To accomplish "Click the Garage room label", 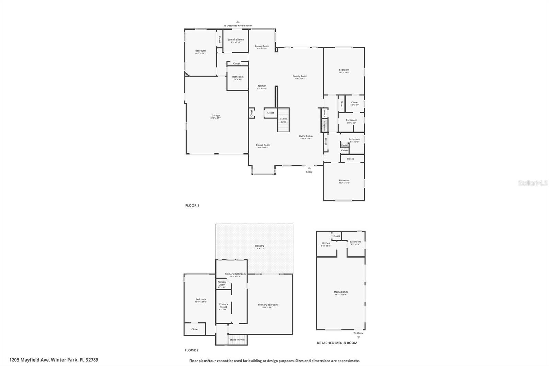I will [x=215, y=116].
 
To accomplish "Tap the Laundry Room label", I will [x=236, y=39].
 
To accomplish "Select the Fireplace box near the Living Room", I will [x=323, y=125].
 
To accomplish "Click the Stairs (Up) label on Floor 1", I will [x=283, y=120].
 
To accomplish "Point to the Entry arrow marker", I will [x=309, y=168].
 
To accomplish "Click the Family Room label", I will [x=300, y=76].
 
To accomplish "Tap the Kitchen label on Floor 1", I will [x=262, y=86].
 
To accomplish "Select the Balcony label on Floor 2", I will [x=259, y=246].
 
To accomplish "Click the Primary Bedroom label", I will [x=268, y=305].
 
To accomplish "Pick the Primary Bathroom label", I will [x=235, y=274].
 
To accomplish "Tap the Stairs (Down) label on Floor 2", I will [x=237, y=340].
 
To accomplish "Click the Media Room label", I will [x=340, y=292].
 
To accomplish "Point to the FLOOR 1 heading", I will [x=192, y=206].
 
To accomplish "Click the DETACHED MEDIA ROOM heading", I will [x=337, y=343].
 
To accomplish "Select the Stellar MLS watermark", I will [x=533, y=183].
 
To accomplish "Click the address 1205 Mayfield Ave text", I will [x=54, y=360].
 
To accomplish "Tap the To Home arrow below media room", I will [x=359, y=337].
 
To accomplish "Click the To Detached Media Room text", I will [x=237, y=26].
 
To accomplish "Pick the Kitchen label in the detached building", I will [x=325, y=243].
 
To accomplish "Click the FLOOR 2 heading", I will [x=191, y=350].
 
